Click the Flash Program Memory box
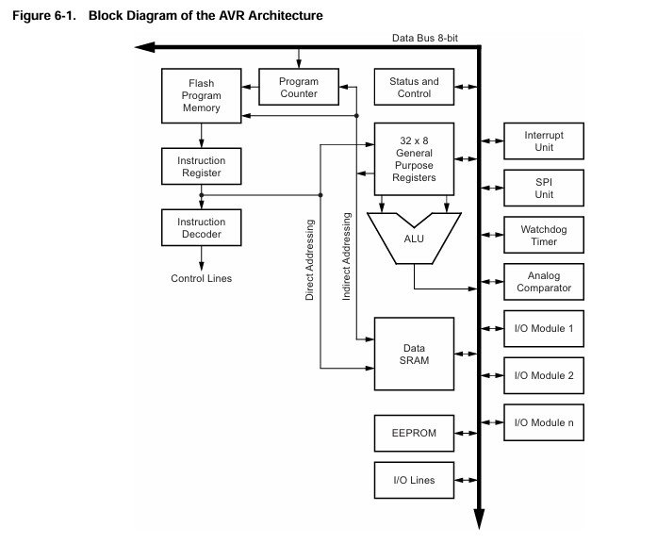point(200,96)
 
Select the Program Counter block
point(298,88)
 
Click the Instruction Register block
point(200,167)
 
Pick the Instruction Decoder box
point(200,227)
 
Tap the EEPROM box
point(414,433)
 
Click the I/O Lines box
point(414,481)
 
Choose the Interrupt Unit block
point(544,141)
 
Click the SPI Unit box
point(544,188)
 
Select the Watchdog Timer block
point(544,235)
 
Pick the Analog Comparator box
point(544,282)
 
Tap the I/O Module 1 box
point(544,329)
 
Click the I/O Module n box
point(544,422)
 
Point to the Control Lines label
point(201,278)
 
